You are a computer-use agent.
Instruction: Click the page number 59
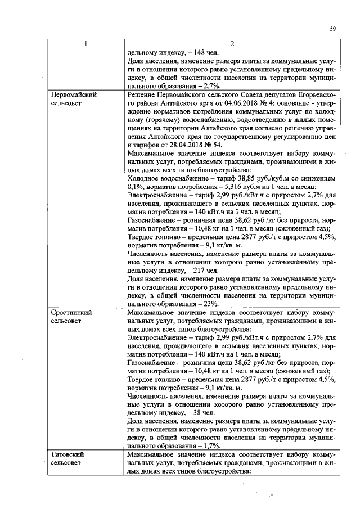(x=332, y=29)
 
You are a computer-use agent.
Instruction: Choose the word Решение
(x=143, y=96)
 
